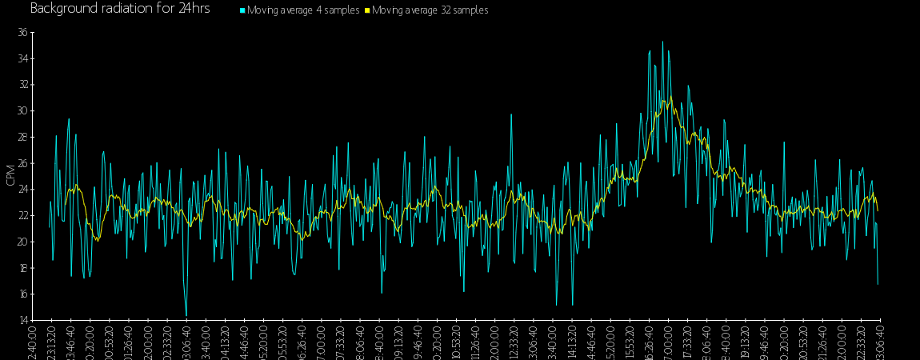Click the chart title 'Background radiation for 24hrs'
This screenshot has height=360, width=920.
[x=120, y=9]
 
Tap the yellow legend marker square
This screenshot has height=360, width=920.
[x=367, y=10]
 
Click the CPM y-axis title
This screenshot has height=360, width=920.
[x=10, y=175]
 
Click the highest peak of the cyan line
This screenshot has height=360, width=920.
[x=662, y=42]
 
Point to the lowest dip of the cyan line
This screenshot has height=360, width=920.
[x=186, y=316]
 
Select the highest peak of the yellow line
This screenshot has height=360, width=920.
[x=670, y=98]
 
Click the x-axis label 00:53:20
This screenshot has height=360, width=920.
[x=110, y=342]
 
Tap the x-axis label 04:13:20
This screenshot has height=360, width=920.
[x=225, y=342]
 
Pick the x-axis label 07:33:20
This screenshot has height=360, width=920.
[x=341, y=342]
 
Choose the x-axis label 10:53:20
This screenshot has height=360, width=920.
[x=456, y=342]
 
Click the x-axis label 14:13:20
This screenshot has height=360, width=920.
[x=571, y=342]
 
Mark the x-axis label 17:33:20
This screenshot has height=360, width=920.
[x=687, y=342]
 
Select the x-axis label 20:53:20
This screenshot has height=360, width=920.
[x=802, y=342]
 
